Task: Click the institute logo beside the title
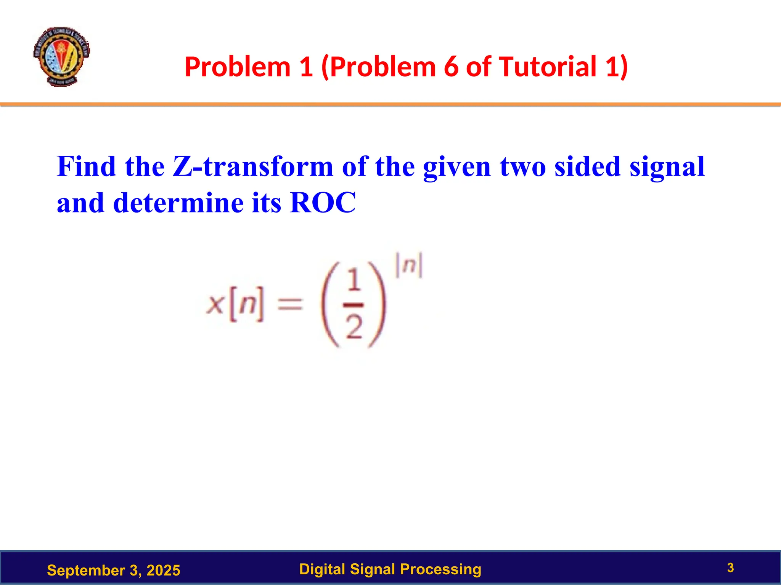[x=61, y=56]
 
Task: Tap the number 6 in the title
[x=450, y=67]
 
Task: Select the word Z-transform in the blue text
[x=253, y=167]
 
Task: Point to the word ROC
[x=323, y=203]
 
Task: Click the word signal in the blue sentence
[x=667, y=167]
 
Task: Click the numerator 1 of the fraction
[x=354, y=281]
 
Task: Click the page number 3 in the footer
[x=730, y=568]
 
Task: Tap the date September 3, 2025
[x=113, y=570]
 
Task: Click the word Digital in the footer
[x=322, y=569]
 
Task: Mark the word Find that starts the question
[x=86, y=167]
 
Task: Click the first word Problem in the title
[x=237, y=67]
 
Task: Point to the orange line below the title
[x=390, y=104]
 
